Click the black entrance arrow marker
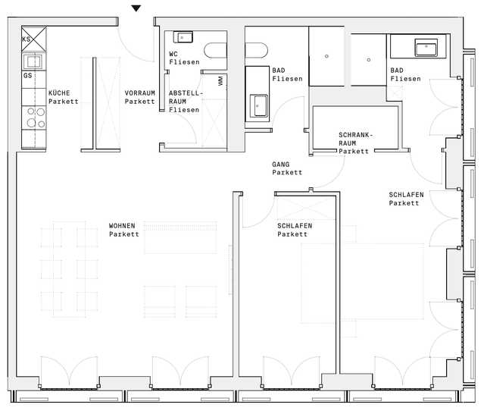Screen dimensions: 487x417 point(136,8)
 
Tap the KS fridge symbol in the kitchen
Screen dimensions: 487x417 point(34,39)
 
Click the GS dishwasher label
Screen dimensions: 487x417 point(27,76)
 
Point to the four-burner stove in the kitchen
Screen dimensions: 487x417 point(36,118)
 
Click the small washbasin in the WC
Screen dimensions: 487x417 point(183,38)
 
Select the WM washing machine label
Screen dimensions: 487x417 point(220,81)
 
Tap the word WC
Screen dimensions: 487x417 point(173,54)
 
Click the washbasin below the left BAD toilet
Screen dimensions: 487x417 point(258,106)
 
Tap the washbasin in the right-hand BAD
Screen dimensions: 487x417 point(426,48)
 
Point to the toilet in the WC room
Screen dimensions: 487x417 point(216,51)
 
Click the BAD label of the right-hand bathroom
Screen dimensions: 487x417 point(397,71)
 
